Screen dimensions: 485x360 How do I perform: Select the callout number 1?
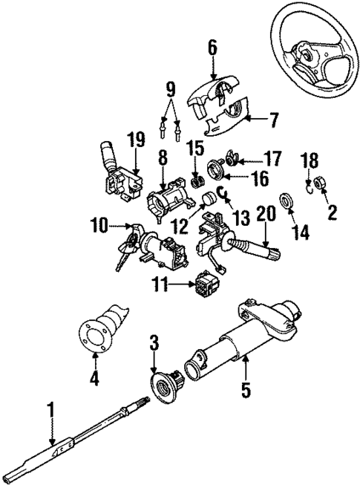pyautogui.click(x=50, y=409)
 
